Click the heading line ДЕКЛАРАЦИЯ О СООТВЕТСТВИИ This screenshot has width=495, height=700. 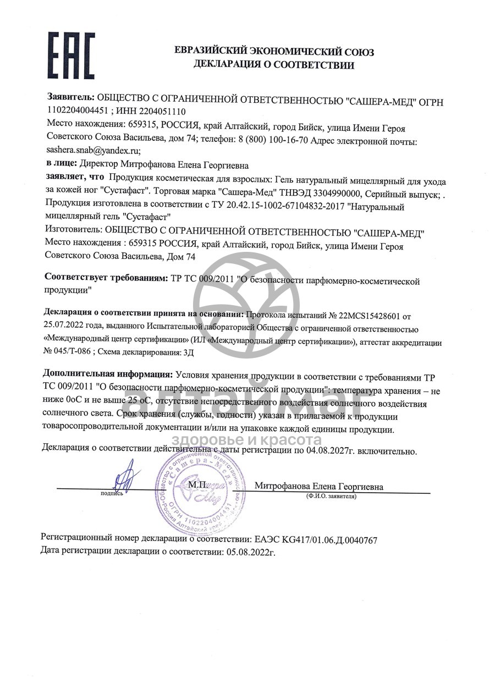[x=274, y=65]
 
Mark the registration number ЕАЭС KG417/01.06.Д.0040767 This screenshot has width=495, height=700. [x=316, y=540]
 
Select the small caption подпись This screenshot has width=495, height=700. [x=112, y=494]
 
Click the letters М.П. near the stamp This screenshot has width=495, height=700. [x=197, y=485]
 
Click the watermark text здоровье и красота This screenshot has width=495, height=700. [x=246, y=440]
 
